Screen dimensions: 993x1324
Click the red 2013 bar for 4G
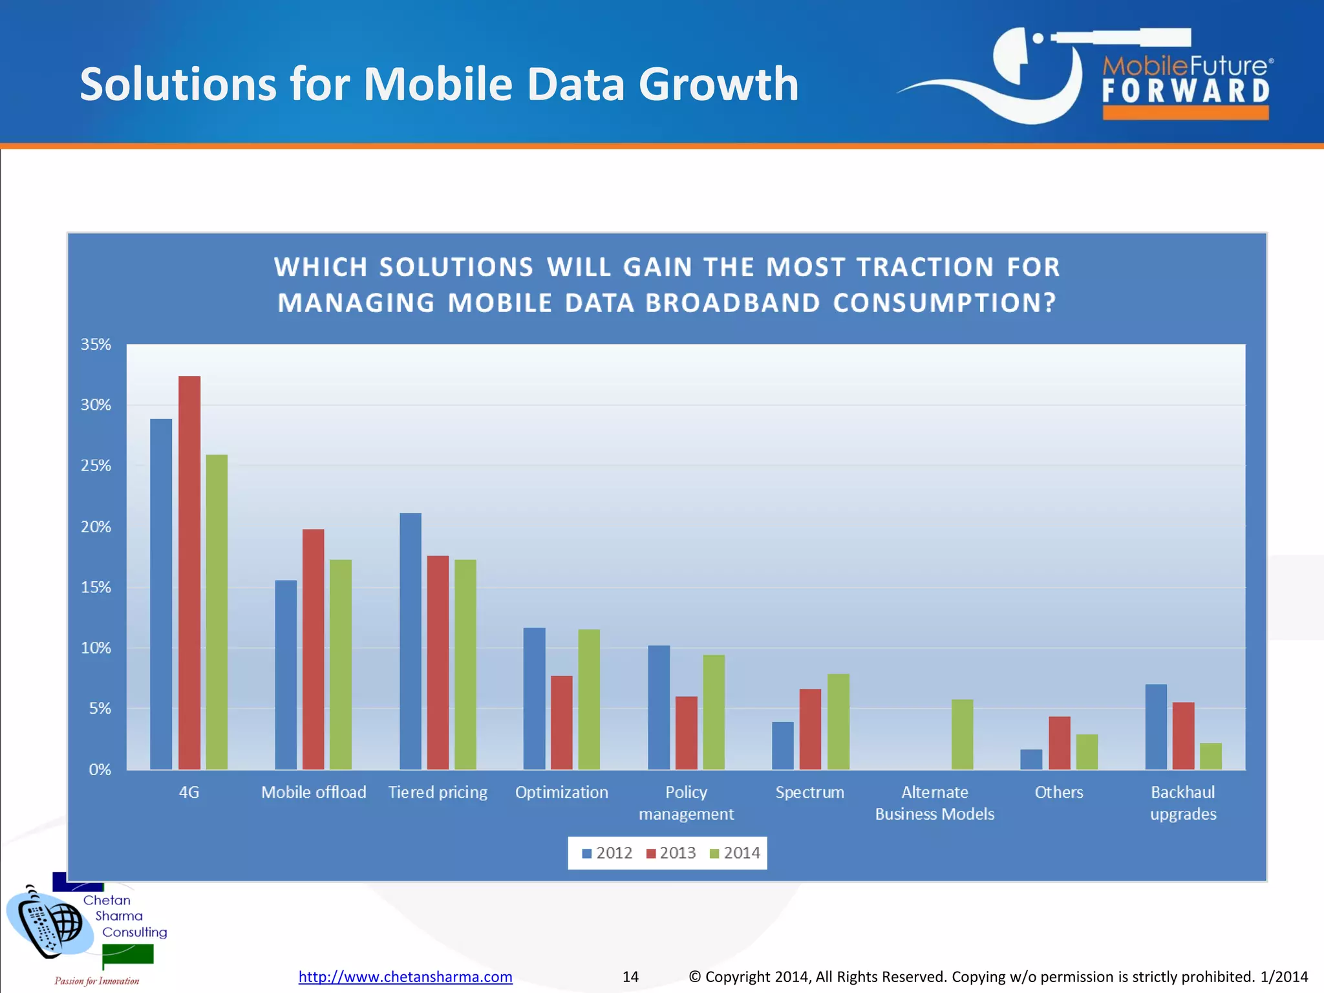click(x=189, y=572)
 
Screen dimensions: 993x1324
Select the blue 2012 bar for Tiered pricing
click(x=411, y=641)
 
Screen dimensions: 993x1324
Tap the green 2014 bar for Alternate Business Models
click(x=962, y=734)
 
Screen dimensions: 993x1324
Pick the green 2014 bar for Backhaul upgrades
click(x=1210, y=756)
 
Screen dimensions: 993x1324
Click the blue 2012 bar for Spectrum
click(x=783, y=745)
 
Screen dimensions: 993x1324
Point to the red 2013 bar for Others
click(x=1060, y=743)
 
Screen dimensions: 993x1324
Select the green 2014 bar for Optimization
click(x=589, y=699)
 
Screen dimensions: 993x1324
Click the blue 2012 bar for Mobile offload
click(x=286, y=674)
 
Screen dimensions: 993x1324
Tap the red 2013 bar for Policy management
click(x=687, y=732)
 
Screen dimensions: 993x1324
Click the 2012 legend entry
click(x=607, y=853)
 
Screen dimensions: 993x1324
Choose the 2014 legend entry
click(x=735, y=853)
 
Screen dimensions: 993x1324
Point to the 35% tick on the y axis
click(x=96, y=345)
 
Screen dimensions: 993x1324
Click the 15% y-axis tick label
click(x=96, y=587)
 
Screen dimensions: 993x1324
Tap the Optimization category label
click(x=561, y=792)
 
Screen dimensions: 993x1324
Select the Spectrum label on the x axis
click(x=809, y=792)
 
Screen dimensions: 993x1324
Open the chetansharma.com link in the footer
click(x=405, y=976)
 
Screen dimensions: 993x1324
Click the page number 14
click(x=630, y=976)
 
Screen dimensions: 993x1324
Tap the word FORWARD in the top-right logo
click(x=1186, y=91)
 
